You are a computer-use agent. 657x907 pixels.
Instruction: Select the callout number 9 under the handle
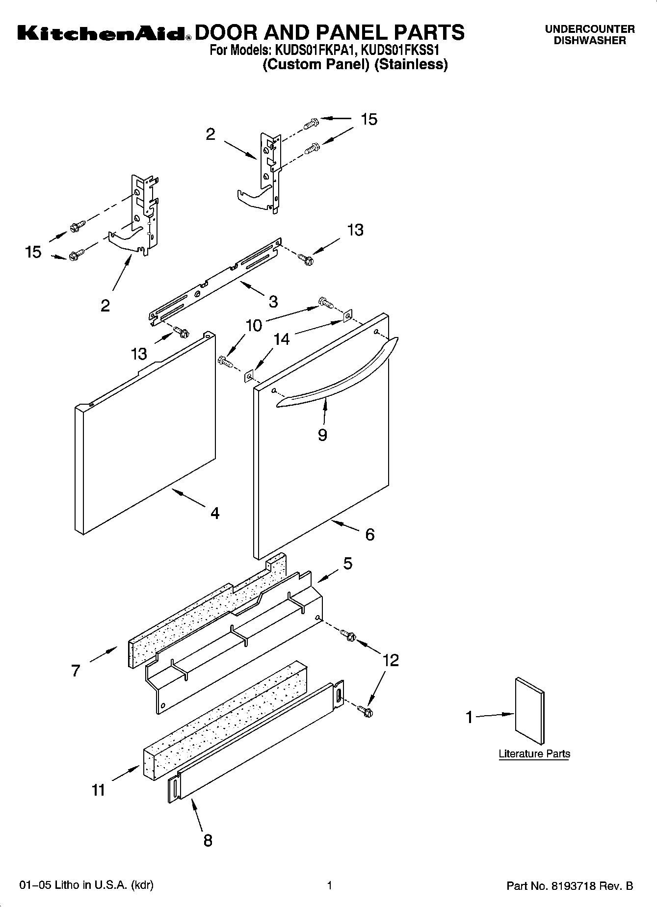[x=322, y=435]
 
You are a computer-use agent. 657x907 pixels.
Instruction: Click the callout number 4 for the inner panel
[x=214, y=513]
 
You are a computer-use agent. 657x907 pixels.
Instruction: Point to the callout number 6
[x=369, y=534]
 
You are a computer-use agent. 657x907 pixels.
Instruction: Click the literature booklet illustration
[x=529, y=711]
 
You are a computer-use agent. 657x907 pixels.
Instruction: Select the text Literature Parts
[x=534, y=754]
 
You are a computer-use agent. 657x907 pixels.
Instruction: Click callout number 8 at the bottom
[x=208, y=840]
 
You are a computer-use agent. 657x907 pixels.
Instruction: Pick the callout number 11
[x=99, y=790]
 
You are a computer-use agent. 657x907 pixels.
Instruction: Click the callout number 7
[x=75, y=671]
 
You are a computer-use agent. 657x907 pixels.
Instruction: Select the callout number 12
[x=391, y=660]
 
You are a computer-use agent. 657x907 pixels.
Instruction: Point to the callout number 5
[x=347, y=564]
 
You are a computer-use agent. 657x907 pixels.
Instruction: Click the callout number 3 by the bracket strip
[x=273, y=301]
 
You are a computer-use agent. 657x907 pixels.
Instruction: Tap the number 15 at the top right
[x=369, y=119]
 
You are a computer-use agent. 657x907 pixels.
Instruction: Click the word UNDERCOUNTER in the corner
[x=590, y=29]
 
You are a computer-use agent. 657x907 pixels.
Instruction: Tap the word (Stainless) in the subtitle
[x=411, y=64]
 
